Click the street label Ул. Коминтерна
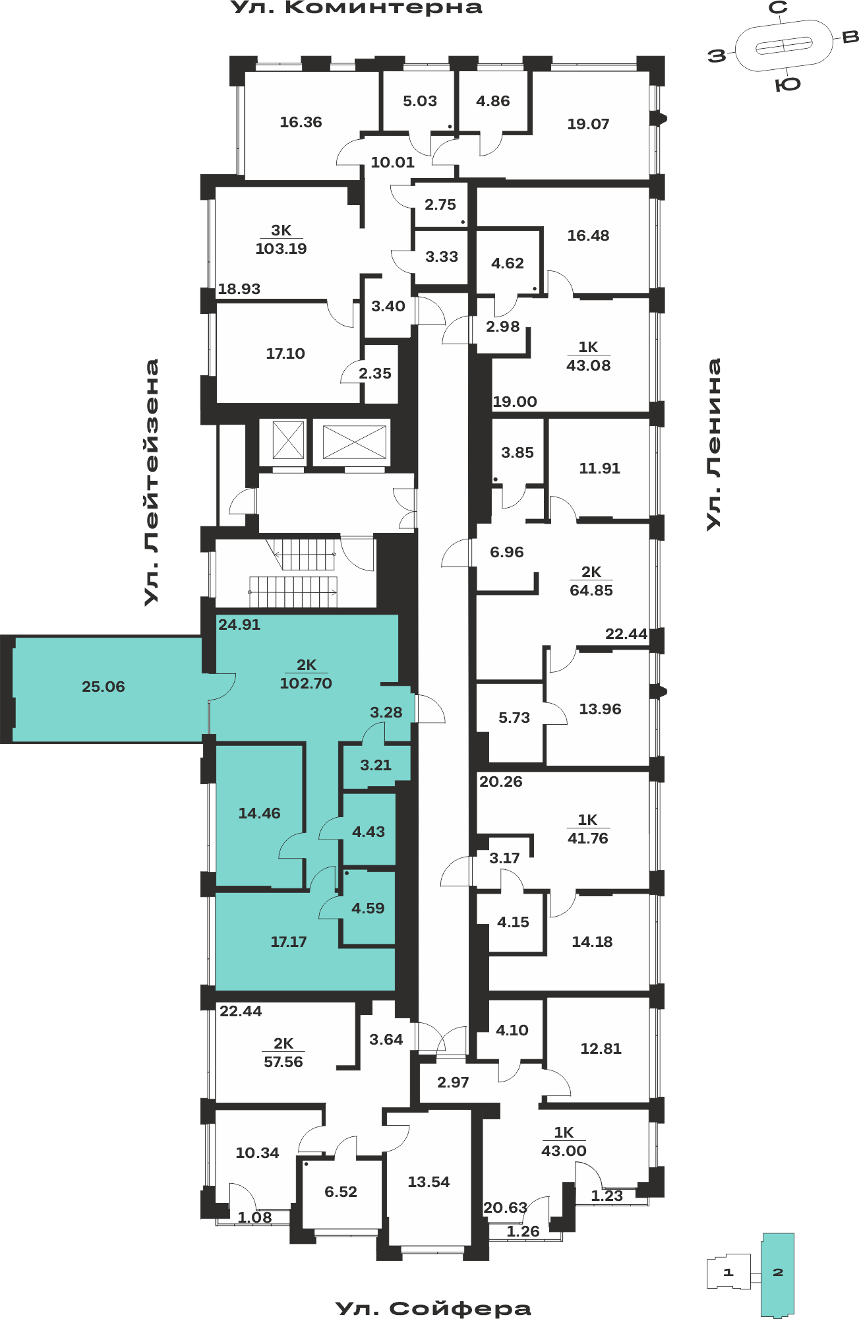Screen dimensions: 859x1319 tap(357, 8)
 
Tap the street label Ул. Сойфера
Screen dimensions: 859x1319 tap(433, 1308)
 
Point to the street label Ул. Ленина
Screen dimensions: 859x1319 tap(713, 444)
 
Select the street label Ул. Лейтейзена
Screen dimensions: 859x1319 tap(152, 482)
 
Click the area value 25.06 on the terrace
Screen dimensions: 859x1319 tap(104, 687)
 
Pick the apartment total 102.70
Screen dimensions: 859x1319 tap(306, 683)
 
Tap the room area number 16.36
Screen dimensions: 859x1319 tap(301, 122)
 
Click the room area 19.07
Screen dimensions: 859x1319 tap(588, 124)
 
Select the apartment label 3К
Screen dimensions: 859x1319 tap(281, 230)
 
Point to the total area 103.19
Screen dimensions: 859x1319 tap(281, 249)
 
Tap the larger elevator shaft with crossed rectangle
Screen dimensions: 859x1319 tap(354, 441)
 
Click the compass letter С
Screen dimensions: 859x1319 tap(779, 8)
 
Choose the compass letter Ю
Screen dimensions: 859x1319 tap(788, 84)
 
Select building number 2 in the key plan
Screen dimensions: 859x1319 tap(778, 1272)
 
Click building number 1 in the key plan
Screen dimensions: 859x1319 tap(728, 1272)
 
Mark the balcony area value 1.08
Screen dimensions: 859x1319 tap(254, 1218)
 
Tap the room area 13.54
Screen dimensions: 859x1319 tap(429, 1182)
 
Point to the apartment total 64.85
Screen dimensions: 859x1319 tap(591, 590)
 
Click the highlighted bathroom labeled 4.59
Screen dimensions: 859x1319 tap(368, 908)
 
